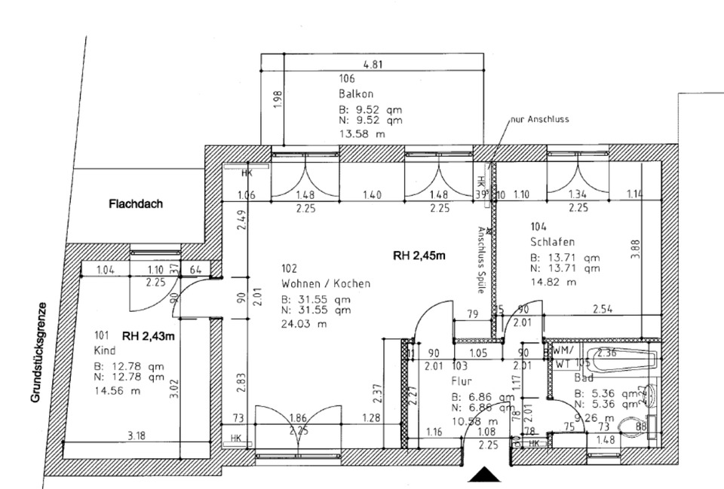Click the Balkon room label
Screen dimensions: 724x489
(x=357, y=94)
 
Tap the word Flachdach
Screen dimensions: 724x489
(x=136, y=203)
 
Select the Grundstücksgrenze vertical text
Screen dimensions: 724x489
(x=37, y=352)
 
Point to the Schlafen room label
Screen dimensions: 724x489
(x=553, y=242)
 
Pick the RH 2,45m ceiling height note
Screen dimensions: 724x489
(x=419, y=255)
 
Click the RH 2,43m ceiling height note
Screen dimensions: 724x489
(x=149, y=336)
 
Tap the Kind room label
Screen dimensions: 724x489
(x=103, y=351)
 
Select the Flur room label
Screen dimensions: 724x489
(x=462, y=381)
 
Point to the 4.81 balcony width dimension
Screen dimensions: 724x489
(x=373, y=65)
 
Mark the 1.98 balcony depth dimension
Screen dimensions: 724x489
(x=277, y=99)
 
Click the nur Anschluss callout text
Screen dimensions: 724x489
(x=539, y=119)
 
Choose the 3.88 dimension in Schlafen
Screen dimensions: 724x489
(x=636, y=249)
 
